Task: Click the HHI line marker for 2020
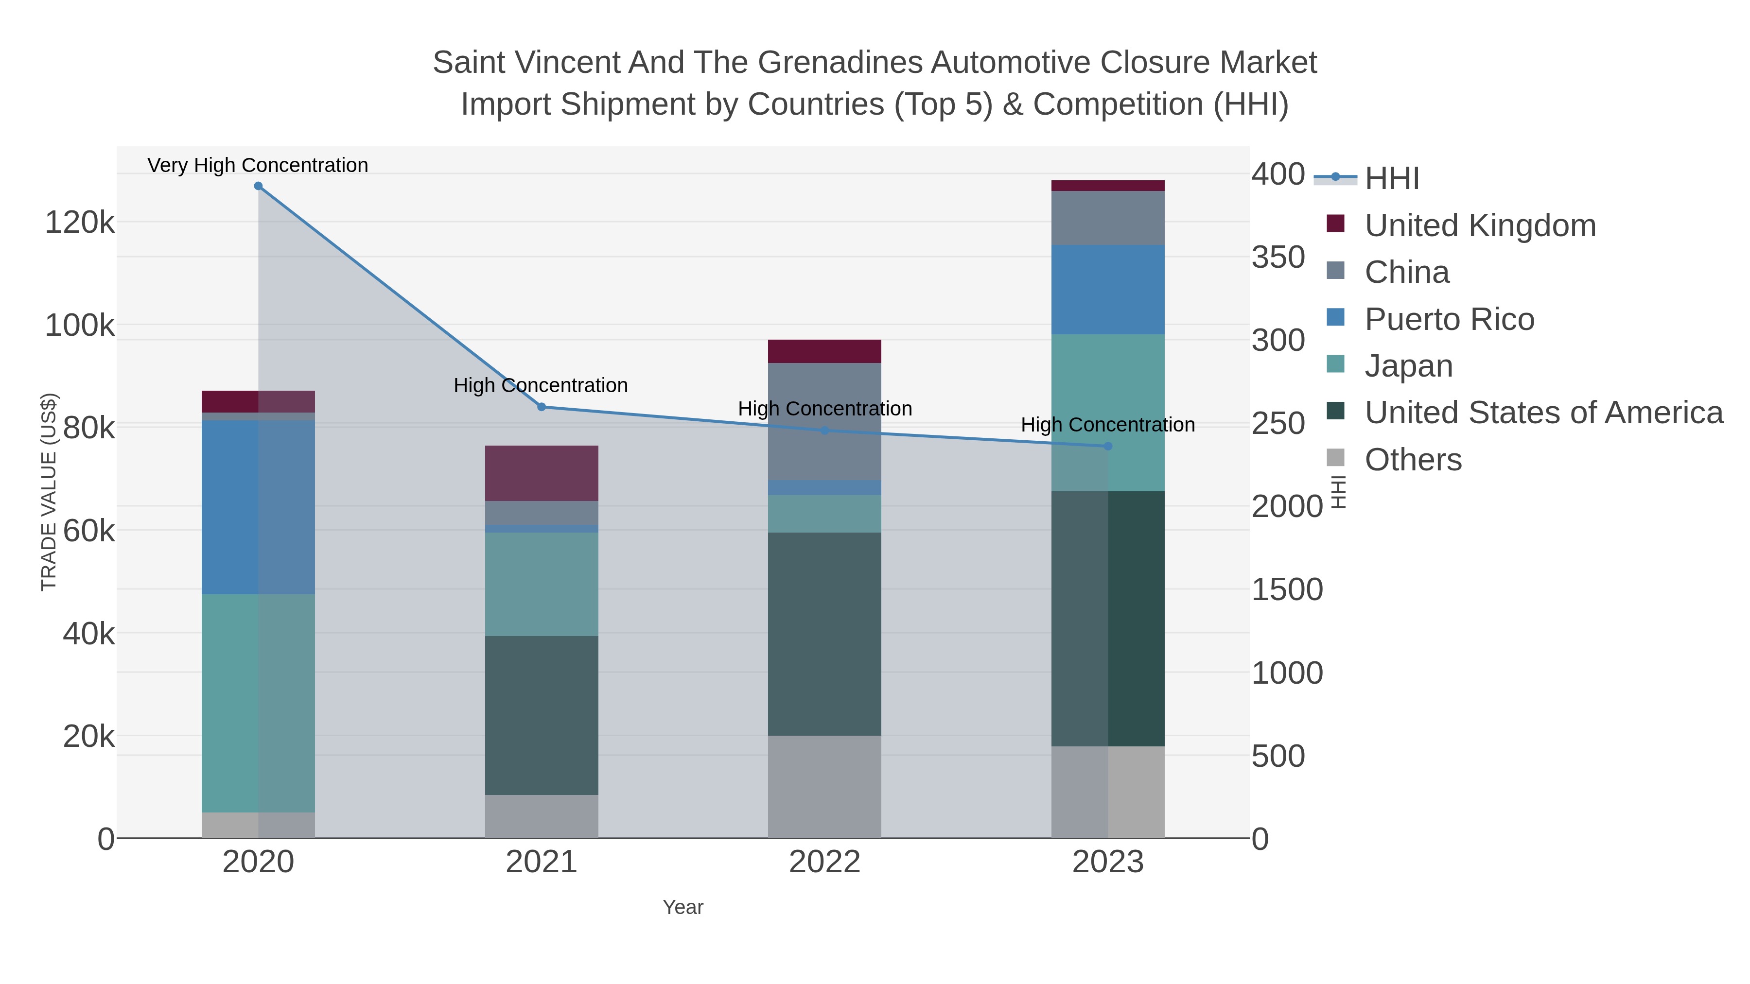click(x=258, y=186)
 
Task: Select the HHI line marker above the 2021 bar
click(x=542, y=407)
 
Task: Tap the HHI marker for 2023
click(x=1108, y=446)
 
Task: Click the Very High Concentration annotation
click(x=258, y=165)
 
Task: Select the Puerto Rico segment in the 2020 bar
click(x=258, y=507)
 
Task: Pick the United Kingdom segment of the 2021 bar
click(x=542, y=473)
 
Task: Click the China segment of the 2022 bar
click(x=825, y=421)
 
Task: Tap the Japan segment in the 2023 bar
click(x=1108, y=412)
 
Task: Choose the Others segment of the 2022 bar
click(x=825, y=786)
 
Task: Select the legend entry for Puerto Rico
click(x=1449, y=319)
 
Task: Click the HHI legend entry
click(x=1391, y=178)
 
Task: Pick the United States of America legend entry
click(x=1543, y=412)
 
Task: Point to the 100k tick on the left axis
click(x=80, y=325)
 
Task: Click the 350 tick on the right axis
click(x=1278, y=258)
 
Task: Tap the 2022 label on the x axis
click(x=825, y=862)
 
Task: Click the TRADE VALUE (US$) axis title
click(x=49, y=492)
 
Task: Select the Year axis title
click(x=683, y=907)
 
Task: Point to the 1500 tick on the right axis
click(x=1287, y=589)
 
